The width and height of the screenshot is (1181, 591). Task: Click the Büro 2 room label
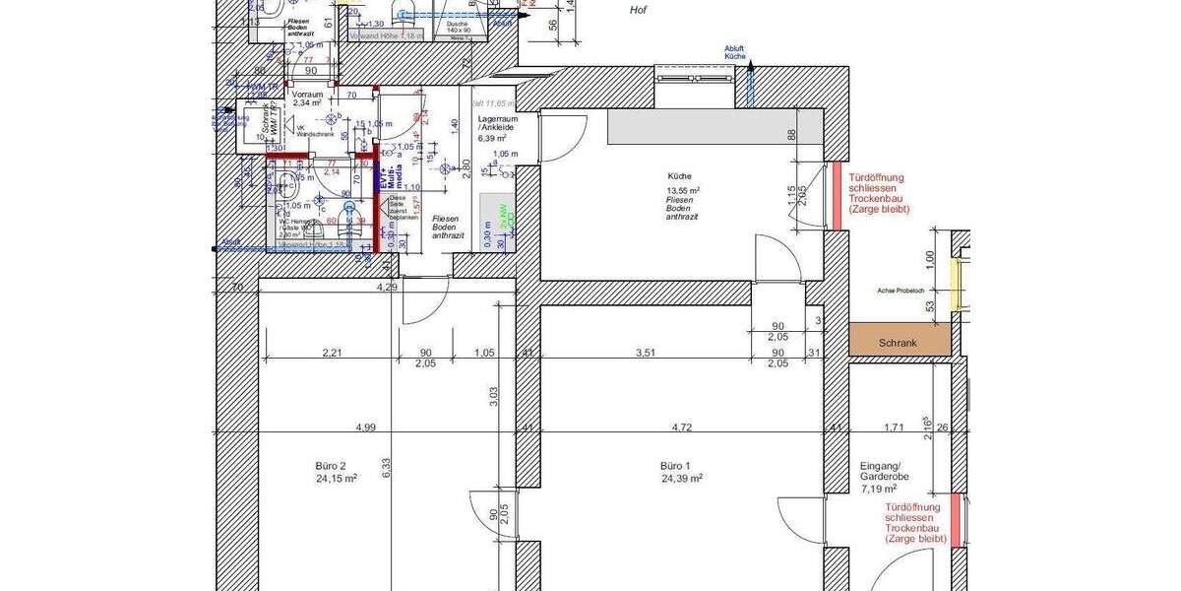point(330,465)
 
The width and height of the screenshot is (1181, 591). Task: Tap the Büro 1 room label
point(675,465)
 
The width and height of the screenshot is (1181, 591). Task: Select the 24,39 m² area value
point(683,479)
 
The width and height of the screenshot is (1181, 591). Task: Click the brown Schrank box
point(899,341)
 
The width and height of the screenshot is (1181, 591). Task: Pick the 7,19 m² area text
point(879,489)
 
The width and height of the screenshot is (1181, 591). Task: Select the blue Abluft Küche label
point(735,51)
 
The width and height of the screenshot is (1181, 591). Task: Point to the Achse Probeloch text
point(901,291)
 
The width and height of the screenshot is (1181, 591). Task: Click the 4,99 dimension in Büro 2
point(366,427)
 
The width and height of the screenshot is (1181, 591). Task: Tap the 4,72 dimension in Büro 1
point(682,427)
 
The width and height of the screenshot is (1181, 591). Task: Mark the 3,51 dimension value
point(645,352)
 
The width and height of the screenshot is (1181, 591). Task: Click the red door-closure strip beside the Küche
point(838,196)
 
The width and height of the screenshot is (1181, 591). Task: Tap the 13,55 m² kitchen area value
point(682,190)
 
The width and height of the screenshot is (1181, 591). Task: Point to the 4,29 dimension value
point(388,287)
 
